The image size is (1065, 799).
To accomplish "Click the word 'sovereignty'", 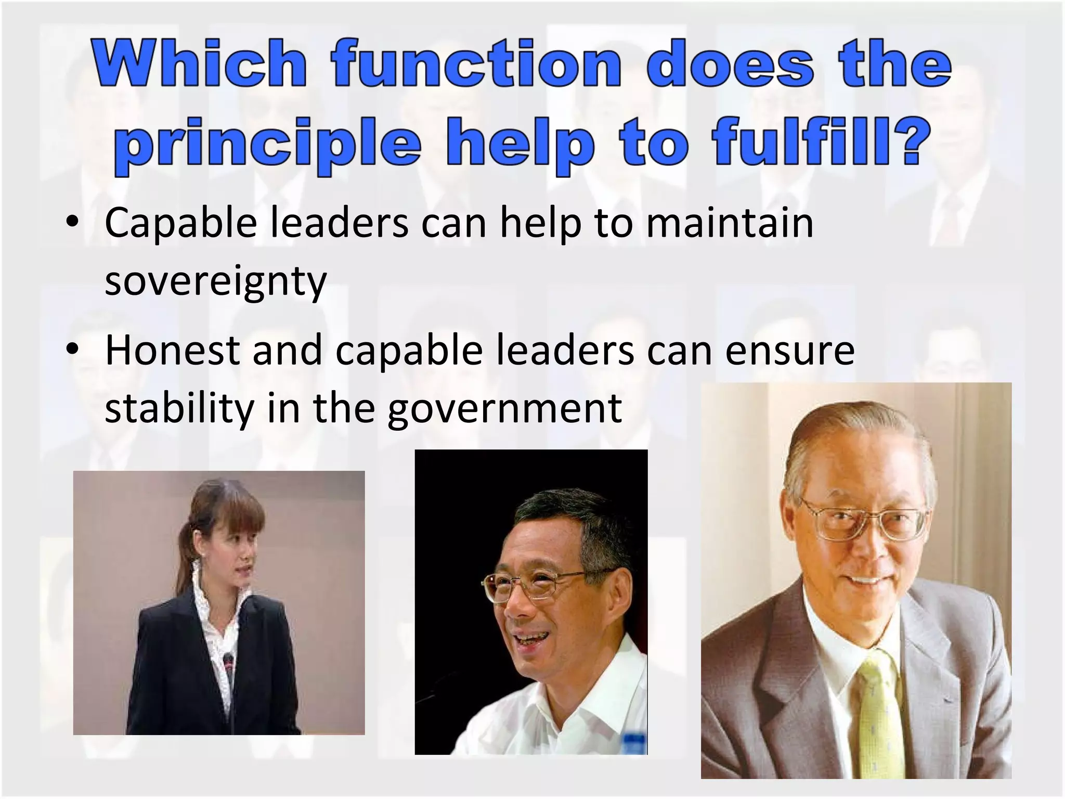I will [x=215, y=281].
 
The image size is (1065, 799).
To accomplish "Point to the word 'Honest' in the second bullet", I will [x=172, y=350].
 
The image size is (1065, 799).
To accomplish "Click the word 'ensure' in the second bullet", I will [x=789, y=350].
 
